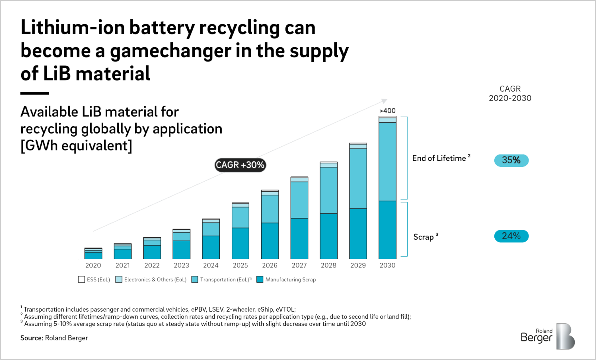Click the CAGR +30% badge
240,165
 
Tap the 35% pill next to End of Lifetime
511,160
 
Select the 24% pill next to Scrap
511,236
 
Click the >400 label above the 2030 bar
387,111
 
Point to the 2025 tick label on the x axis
240,265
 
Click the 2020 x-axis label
93,265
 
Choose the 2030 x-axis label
387,265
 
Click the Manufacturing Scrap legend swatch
260,280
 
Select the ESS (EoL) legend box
82,280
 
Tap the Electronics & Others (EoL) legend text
155,280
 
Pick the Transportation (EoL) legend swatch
195,280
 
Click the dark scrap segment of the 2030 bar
387,230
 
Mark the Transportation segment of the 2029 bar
358,178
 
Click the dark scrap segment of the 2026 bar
270,240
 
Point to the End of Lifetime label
439,158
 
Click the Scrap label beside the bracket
424,237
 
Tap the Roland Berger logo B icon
565,336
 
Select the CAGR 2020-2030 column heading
510,93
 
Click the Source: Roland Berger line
54,338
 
